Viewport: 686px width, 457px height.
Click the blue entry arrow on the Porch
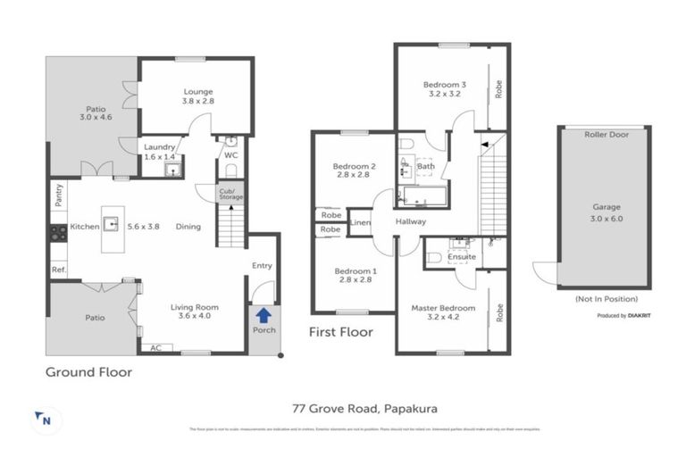(x=263, y=314)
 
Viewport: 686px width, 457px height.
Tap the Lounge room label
(x=197, y=91)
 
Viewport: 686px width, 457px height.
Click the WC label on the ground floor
(x=231, y=155)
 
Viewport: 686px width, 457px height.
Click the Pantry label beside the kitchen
(x=58, y=195)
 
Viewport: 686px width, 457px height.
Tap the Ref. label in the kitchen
(x=58, y=270)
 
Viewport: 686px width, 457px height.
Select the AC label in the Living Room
(x=155, y=348)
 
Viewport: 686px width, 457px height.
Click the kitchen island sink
(x=112, y=222)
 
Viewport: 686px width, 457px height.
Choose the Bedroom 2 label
(x=354, y=170)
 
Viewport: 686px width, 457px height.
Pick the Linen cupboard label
(x=360, y=222)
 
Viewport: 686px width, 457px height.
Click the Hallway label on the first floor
(x=410, y=221)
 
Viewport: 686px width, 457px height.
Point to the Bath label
(x=426, y=166)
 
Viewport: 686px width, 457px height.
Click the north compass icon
(x=41, y=419)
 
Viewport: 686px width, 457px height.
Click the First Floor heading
(x=340, y=332)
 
